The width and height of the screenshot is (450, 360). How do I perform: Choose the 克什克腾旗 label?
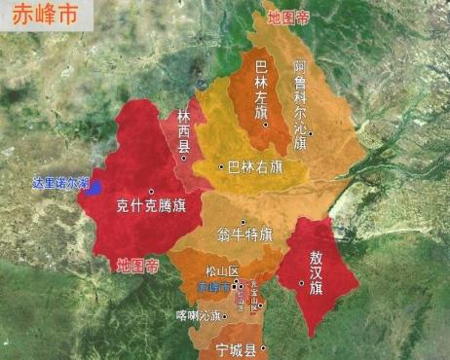(x=151, y=205)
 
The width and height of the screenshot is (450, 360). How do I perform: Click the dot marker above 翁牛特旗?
(x=244, y=223)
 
